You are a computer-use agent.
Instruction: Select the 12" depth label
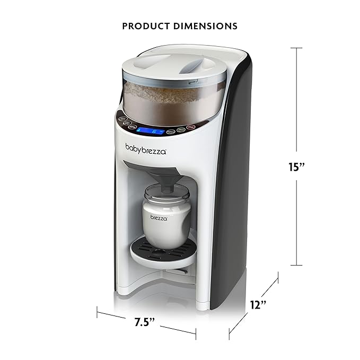click(258, 305)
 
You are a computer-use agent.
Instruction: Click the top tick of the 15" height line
click(296, 48)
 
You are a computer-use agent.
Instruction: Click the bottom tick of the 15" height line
click(296, 265)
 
